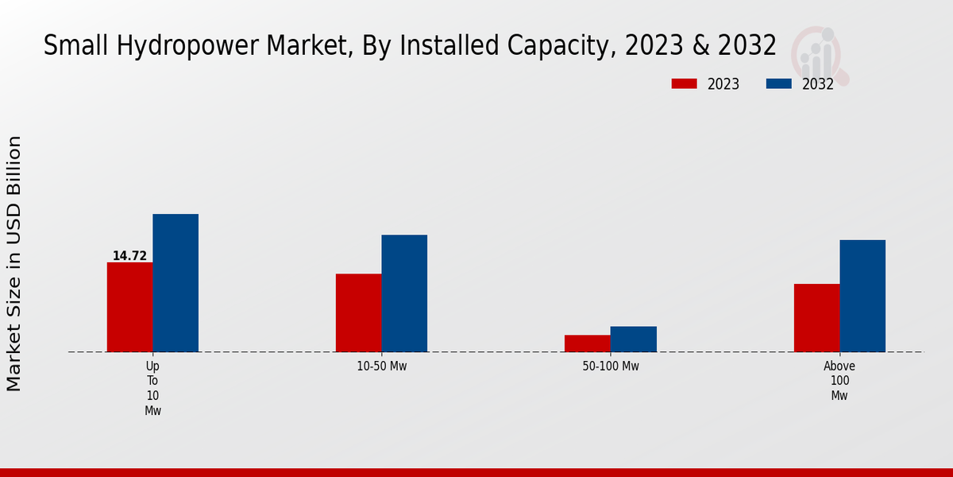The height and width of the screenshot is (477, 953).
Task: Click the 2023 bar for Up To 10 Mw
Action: pos(129,307)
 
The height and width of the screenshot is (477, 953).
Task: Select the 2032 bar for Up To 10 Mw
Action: pos(176,283)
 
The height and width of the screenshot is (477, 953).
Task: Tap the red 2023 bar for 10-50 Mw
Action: pos(358,312)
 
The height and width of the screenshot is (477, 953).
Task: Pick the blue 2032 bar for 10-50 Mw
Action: pos(404,293)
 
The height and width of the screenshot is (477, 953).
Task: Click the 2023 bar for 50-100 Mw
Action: pos(588,343)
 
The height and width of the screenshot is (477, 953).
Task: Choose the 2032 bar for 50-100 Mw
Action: pos(634,339)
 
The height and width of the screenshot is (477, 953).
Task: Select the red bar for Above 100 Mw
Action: pos(816,318)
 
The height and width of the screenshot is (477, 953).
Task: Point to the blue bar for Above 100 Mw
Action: pos(862,296)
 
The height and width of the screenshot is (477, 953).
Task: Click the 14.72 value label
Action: pos(129,256)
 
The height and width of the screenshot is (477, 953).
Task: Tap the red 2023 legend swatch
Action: pos(684,83)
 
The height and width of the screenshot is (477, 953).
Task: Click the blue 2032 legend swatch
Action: pos(778,83)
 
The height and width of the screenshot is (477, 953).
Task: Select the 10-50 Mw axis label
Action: pos(382,366)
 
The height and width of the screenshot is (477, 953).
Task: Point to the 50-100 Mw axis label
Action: pos(611,366)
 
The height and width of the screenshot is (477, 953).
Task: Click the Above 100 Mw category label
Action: pos(839,381)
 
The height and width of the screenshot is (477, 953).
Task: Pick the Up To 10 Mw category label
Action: pos(152,388)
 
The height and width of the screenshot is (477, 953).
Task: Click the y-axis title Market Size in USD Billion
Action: pos(14,262)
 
